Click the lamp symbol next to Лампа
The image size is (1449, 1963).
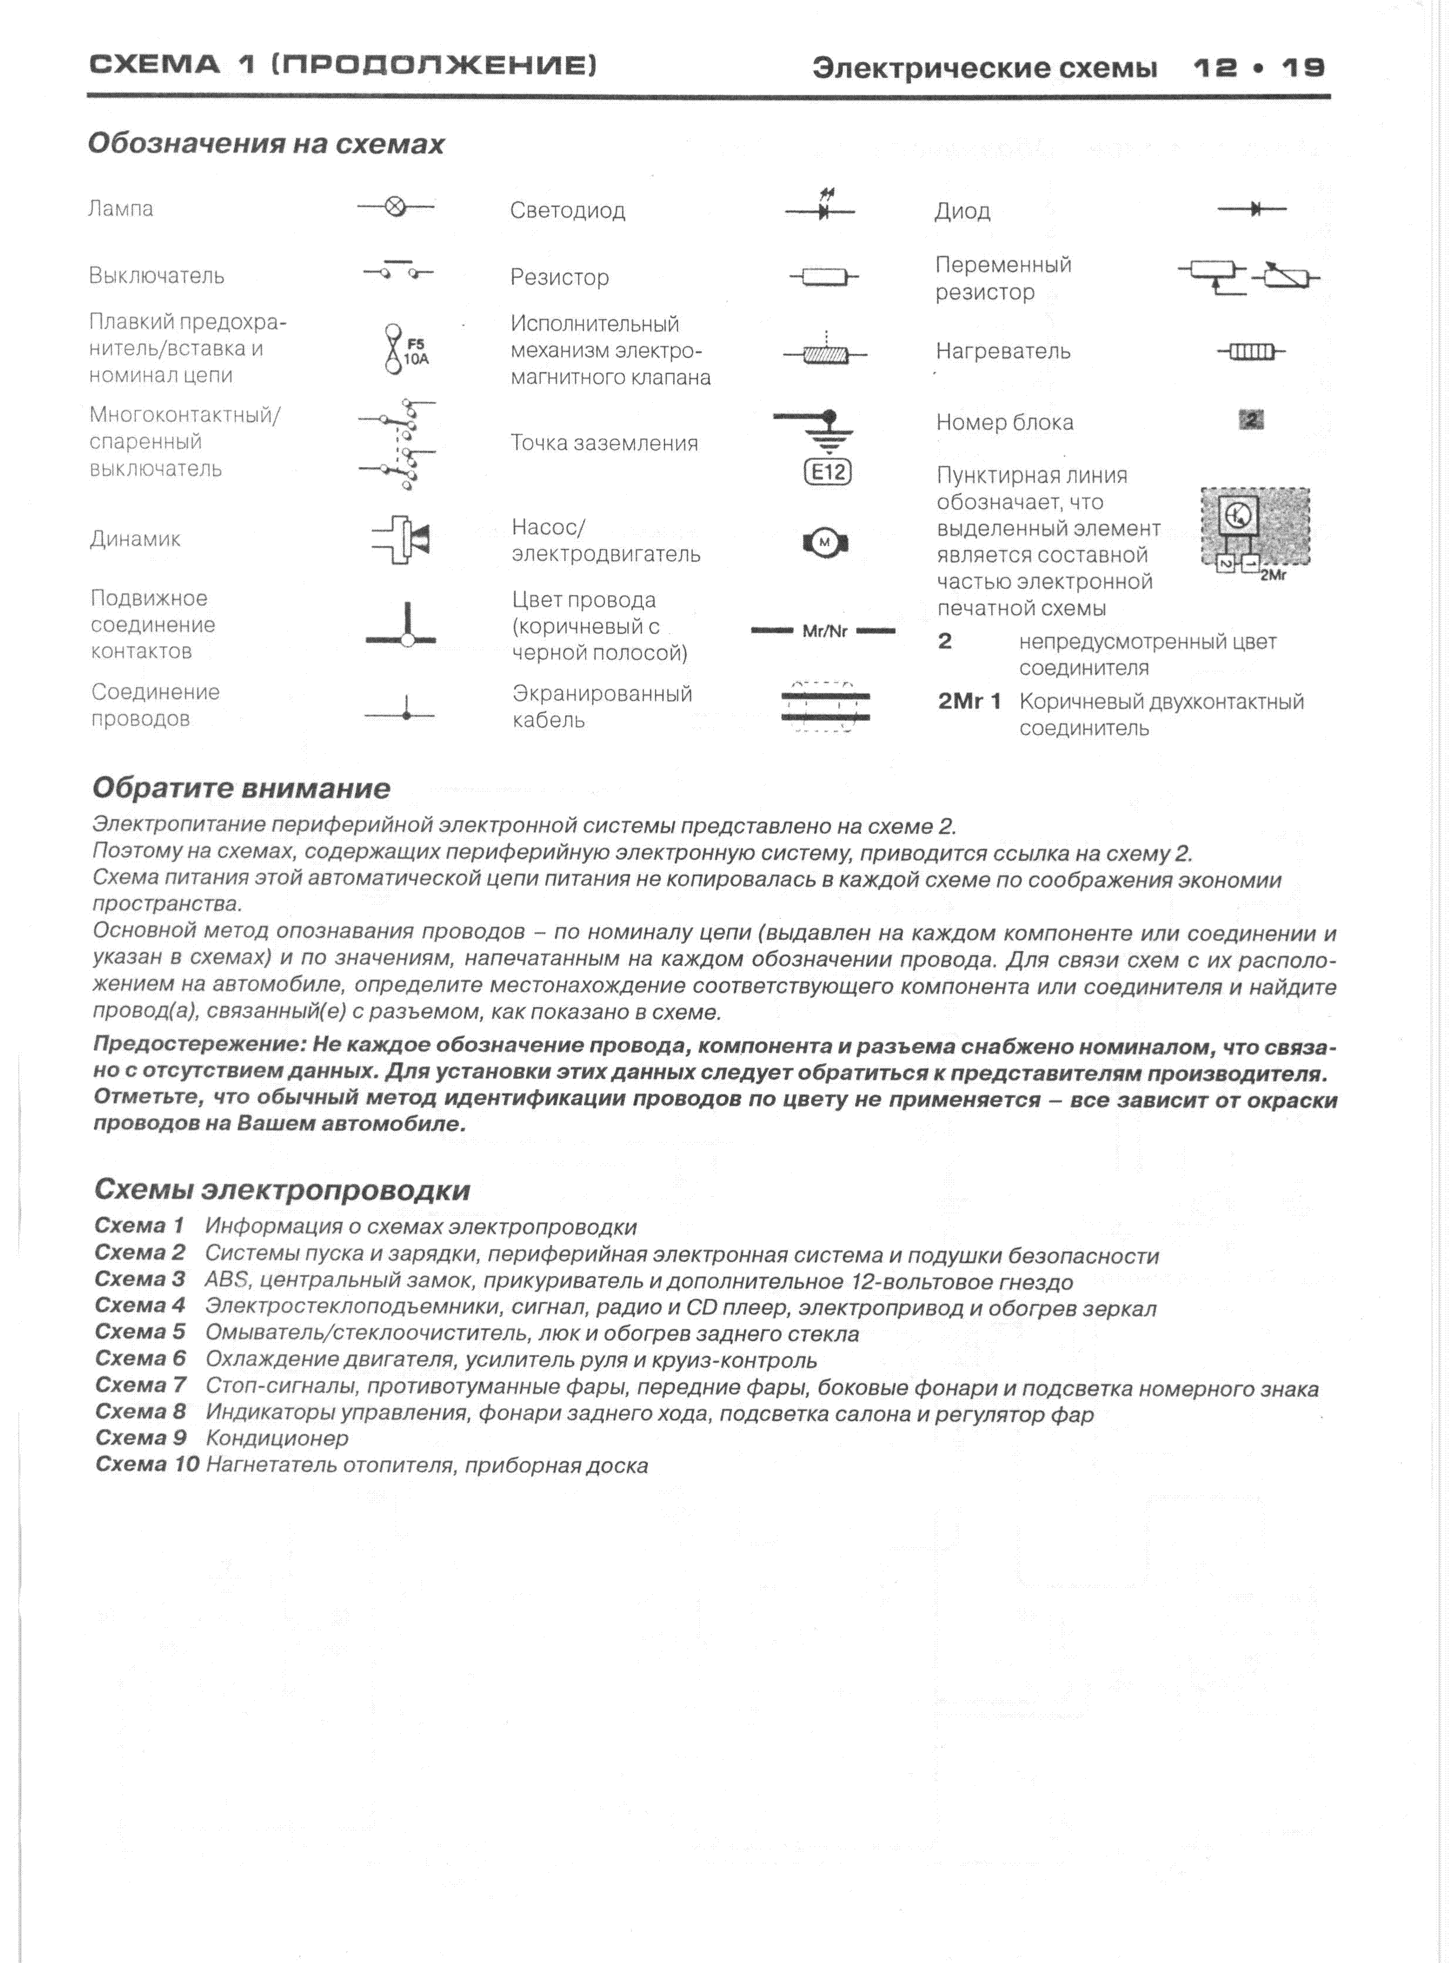coord(396,207)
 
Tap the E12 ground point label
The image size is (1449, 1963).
coord(827,473)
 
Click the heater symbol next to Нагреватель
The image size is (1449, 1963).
coord(1251,352)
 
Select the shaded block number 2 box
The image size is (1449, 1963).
coord(1252,421)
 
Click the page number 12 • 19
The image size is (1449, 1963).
coord(1259,68)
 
